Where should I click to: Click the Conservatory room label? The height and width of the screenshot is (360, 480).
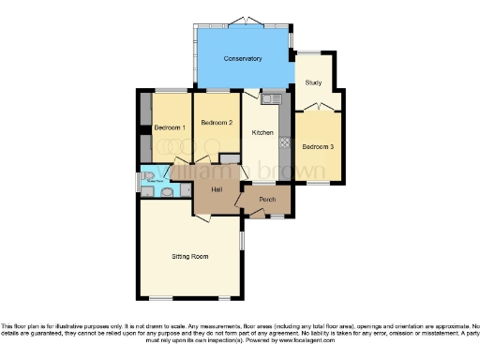coord(242,59)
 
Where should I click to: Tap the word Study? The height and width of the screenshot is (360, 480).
coord(313,82)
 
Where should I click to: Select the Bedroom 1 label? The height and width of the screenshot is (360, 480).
coord(171,127)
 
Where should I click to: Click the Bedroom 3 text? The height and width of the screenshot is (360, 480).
coord(318,145)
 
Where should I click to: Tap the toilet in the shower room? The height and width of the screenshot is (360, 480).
coord(165,192)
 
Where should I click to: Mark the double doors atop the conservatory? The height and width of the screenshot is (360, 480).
coord(243,20)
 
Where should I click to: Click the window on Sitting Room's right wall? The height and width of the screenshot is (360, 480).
coord(242,240)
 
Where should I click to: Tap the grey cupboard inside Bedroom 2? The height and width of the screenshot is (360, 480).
coord(228,158)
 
